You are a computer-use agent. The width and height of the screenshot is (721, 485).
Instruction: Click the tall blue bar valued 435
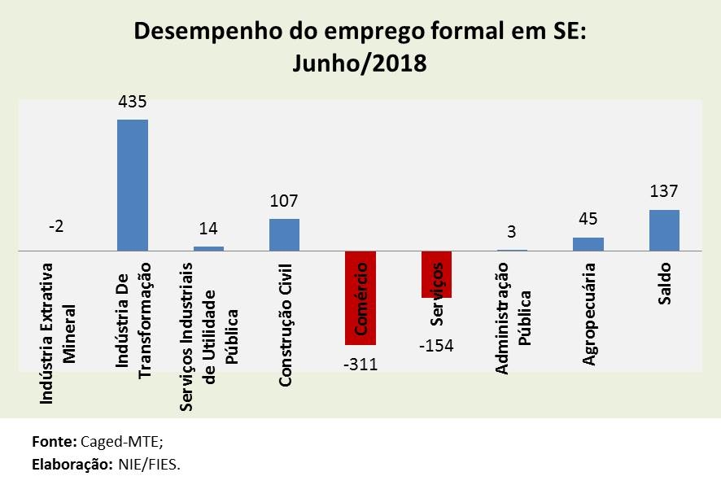click(133, 186)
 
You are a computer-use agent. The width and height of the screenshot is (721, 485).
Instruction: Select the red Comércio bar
click(360, 298)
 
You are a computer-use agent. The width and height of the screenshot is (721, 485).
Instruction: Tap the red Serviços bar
click(436, 275)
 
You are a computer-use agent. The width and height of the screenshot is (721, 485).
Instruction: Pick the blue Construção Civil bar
click(284, 235)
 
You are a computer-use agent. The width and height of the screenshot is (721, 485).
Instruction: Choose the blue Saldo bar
click(664, 230)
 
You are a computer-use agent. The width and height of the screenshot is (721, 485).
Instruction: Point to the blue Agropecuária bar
click(588, 244)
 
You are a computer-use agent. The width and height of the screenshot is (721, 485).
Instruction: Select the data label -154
click(436, 345)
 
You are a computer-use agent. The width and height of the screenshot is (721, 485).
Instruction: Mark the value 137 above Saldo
click(664, 192)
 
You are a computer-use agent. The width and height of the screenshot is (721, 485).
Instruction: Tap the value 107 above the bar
click(284, 200)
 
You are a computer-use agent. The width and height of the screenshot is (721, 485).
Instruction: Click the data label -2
click(56, 227)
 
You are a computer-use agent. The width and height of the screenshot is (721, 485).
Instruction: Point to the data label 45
click(588, 220)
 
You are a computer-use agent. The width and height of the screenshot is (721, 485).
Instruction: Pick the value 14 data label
click(208, 229)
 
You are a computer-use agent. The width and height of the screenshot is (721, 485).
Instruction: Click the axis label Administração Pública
click(512, 318)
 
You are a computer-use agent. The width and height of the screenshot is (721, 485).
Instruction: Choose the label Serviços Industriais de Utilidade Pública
click(208, 334)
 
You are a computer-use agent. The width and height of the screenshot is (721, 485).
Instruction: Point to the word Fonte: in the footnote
click(55, 442)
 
